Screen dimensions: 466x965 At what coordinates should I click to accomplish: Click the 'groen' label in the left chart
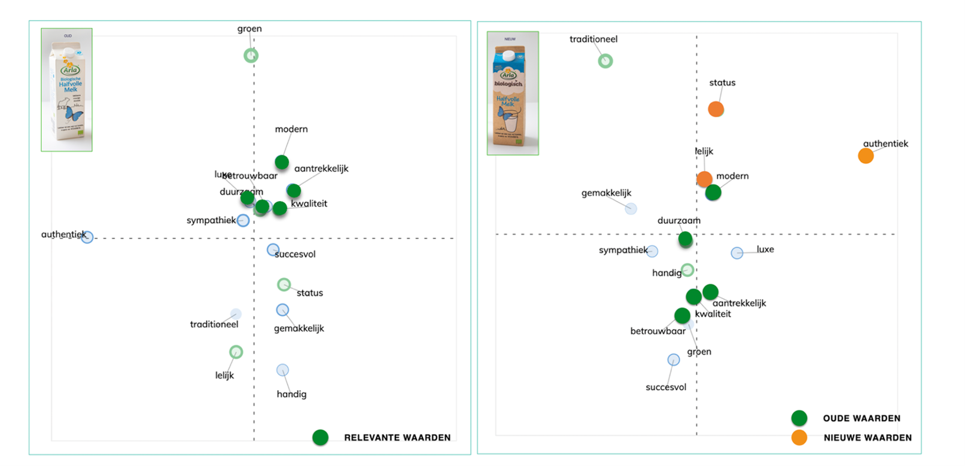249,29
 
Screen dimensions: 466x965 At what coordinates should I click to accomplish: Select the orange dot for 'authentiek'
866,156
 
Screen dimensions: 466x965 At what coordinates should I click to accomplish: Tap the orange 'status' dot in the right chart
716,109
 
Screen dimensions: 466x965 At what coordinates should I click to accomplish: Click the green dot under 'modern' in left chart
282,162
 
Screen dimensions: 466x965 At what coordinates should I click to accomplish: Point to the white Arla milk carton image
67,90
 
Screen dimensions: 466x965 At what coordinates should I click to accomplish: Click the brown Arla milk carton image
513,93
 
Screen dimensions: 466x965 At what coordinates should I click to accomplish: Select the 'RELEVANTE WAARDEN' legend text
397,438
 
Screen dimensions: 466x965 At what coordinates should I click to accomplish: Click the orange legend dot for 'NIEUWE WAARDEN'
799,438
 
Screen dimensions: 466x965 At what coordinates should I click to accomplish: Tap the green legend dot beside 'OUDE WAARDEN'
799,418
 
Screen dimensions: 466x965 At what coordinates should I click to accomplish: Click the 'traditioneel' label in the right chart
593,39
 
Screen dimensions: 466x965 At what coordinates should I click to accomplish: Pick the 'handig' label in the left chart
291,394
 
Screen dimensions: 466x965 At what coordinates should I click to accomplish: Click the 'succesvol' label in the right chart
666,388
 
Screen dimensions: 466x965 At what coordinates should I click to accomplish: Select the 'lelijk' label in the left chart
224,376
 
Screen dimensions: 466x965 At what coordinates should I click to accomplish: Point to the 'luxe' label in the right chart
765,249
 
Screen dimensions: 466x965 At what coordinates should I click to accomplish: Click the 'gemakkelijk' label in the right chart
606,193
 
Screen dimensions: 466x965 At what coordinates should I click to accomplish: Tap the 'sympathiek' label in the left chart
211,221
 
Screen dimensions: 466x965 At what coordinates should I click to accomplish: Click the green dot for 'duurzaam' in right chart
686,240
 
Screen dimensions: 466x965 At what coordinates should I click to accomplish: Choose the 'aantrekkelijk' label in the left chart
321,169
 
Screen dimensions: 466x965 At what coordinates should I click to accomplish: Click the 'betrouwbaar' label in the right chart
658,331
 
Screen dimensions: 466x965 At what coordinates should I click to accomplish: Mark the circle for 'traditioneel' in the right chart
605,61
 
